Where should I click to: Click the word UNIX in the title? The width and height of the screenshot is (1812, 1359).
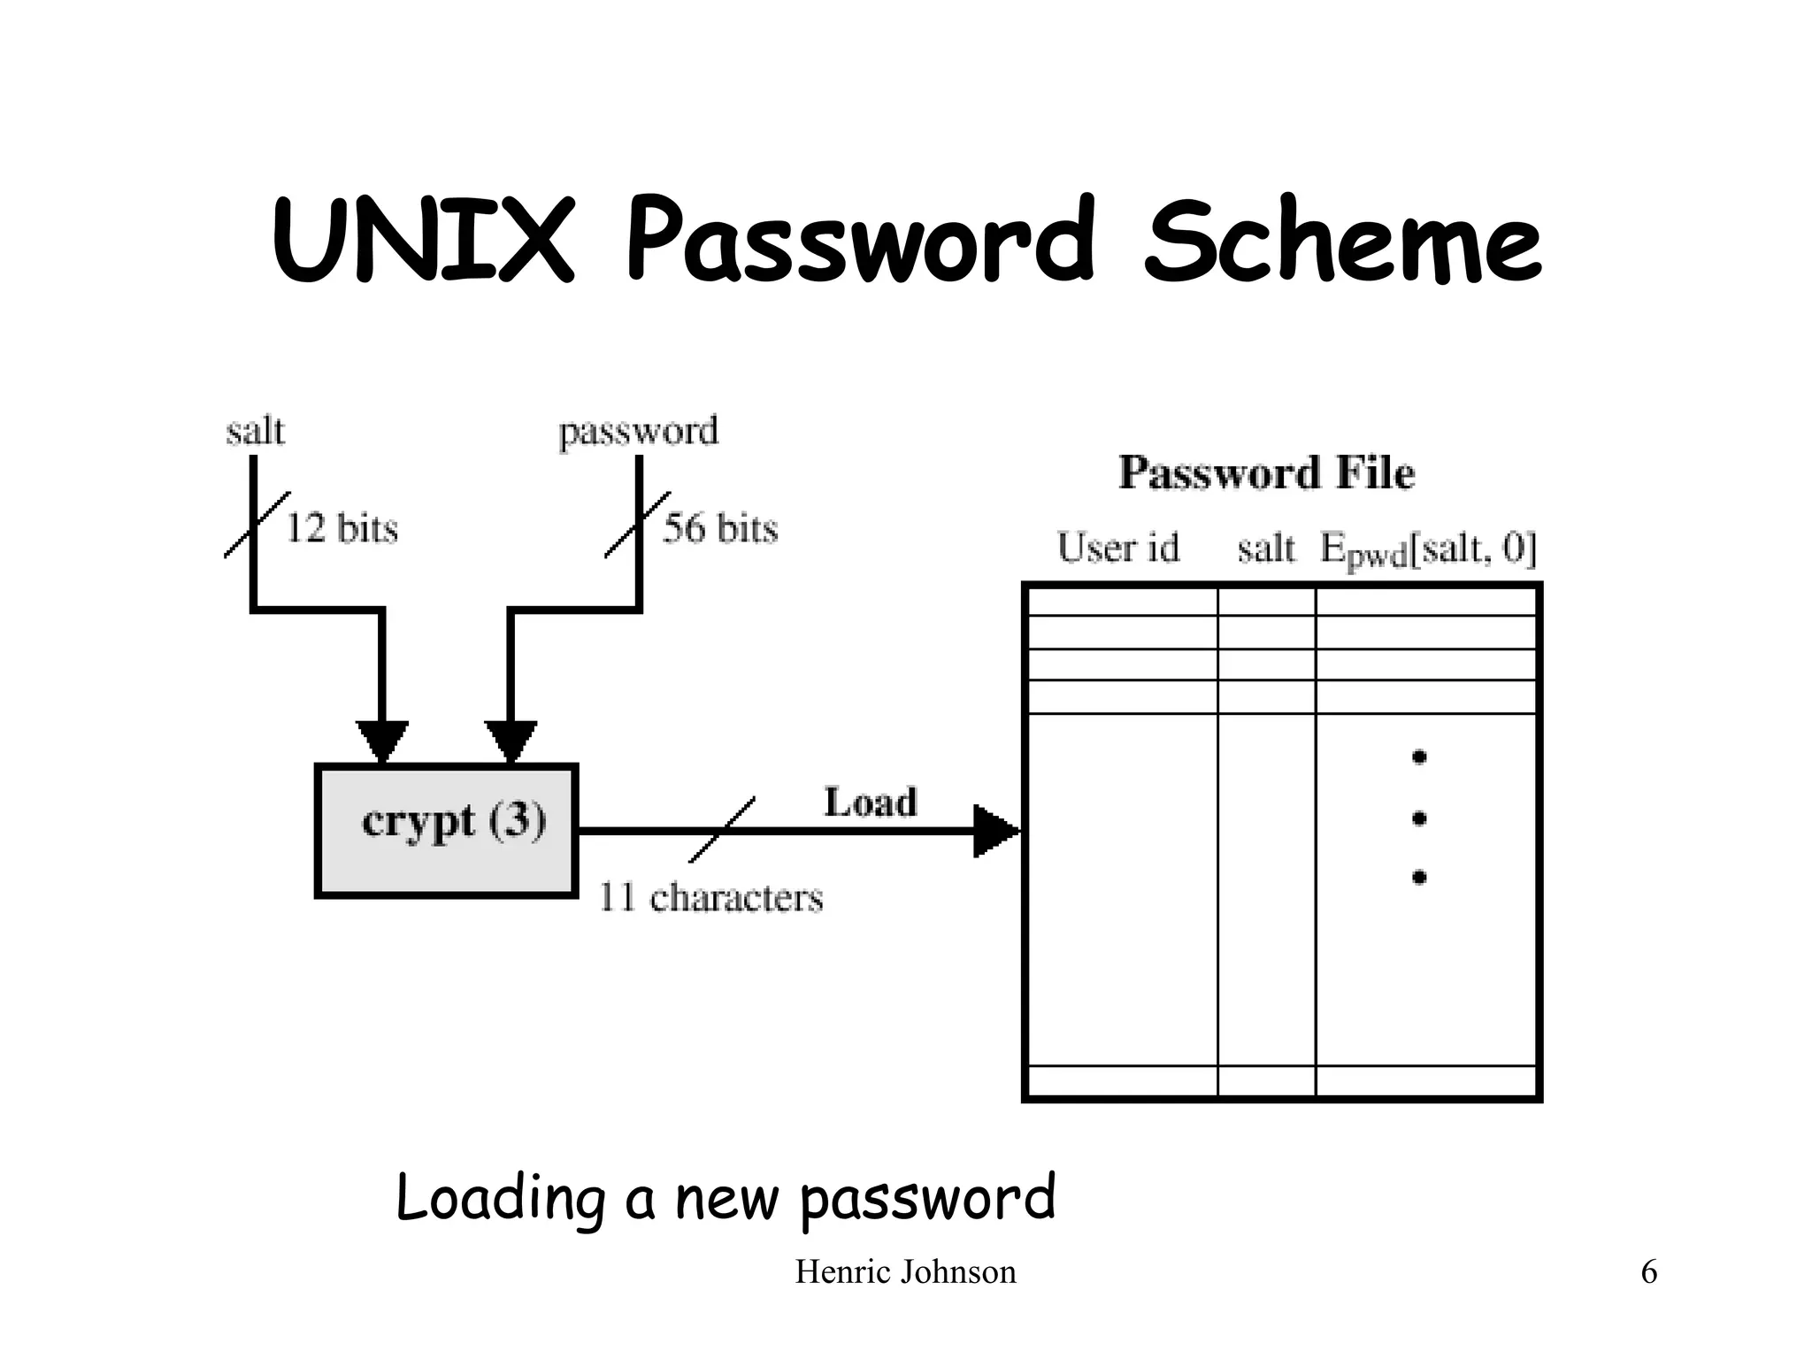coord(423,241)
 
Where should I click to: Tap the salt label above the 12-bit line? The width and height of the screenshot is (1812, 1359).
coord(255,432)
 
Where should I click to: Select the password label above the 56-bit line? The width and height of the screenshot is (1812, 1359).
coord(638,433)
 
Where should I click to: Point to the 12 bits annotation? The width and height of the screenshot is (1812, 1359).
coord(341,528)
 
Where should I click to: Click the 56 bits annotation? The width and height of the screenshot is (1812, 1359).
coord(720,528)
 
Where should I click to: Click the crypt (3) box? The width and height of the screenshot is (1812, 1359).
coord(447,830)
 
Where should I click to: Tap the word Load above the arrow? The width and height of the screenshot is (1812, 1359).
coord(871,802)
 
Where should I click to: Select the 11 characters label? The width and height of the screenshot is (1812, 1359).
coord(710,897)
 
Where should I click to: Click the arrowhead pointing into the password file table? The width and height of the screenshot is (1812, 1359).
coord(994,831)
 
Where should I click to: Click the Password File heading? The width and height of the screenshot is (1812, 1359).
coord(1266,472)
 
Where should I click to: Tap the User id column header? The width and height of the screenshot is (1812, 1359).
coord(1118,548)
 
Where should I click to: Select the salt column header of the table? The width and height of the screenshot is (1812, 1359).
coord(1265,549)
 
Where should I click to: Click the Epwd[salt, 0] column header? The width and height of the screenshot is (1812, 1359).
coord(1427,549)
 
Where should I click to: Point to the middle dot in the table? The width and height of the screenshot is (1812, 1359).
coord(1419,818)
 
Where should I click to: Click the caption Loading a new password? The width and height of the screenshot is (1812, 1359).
coord(726,1197)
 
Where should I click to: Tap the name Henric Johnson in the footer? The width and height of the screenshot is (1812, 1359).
coord(905,1272)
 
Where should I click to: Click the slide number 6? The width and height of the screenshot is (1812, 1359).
coord(1648,1272)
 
